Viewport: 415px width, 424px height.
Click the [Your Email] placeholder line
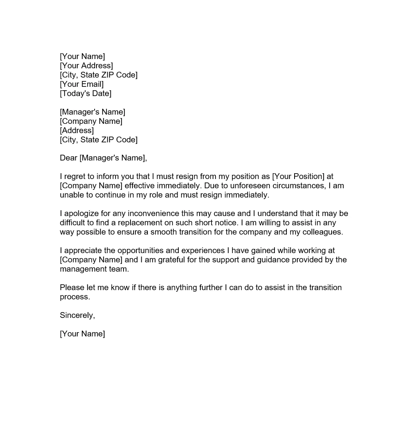(81, 84)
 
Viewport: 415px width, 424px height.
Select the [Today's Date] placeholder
(85, 93)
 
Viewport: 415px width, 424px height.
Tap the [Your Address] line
(86, 66)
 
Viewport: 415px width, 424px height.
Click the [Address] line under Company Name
(76, 130)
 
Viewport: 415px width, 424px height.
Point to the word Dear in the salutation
(68, 158)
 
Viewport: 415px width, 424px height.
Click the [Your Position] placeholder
(298, 176)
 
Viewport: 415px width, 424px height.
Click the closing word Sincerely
(77, 315)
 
